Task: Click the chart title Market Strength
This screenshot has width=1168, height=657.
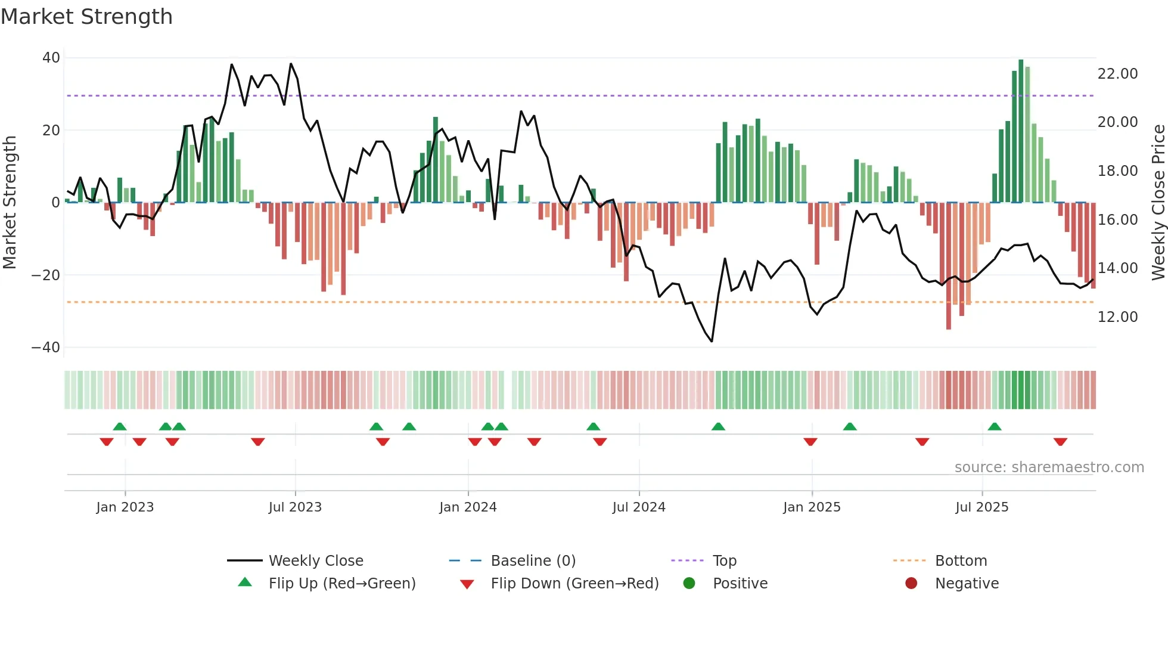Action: pyautogui.click(x=86, y=17)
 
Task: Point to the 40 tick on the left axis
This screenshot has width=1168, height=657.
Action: pyautogui.click(x=51, y=58)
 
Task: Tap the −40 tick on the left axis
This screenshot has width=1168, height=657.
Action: pyautogui.click(x=46, y=347)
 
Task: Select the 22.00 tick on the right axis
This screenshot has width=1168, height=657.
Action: pyautogui.click(x=1117, y=74)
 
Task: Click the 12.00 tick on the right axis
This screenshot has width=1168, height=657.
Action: pyautogui.click(x=1117, y=317)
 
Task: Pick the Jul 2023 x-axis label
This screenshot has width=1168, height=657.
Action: pyautogui.click(x=295, y=507)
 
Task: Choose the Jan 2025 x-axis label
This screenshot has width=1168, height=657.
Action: pyautogui.click(x=812, y=507)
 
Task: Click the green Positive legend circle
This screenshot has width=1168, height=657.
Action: pyautogui.click(x=689, y=584)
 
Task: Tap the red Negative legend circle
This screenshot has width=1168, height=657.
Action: pyautogui.click(x=911, y=584)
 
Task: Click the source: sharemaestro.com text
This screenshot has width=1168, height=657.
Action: pyautogui.click(x=1049, y=467)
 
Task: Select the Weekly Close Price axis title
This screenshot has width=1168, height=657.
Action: pyautogui.click(x=1158, y=203)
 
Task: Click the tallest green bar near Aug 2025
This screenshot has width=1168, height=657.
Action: pyautogui.click(x=1021, y=131)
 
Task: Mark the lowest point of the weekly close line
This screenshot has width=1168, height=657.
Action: pyautogui.click(x=712, y=341)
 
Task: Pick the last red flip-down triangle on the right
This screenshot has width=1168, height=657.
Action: pyautogui.click(x=1060, y=442)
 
